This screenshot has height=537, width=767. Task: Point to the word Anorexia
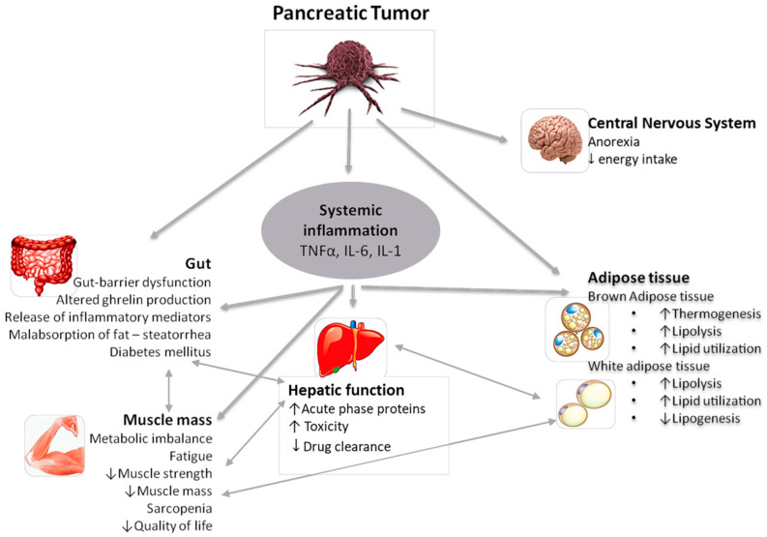(615, 141)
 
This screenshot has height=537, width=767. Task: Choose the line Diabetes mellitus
(163, 351)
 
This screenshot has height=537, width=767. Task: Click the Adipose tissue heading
(637, 277)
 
